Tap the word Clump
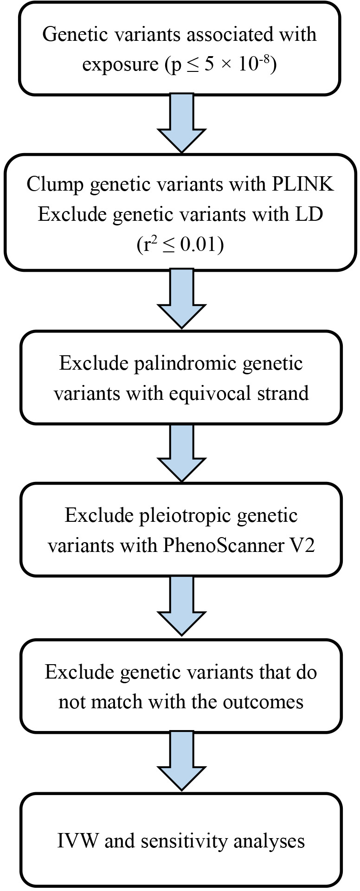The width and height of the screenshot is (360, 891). pos(55,185)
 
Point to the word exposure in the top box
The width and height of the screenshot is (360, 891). pos(120,65)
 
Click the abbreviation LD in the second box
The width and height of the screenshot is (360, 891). pos(310,215)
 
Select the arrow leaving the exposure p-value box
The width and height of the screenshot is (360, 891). pos(181,123)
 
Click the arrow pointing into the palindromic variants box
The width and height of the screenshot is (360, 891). pos(181,300)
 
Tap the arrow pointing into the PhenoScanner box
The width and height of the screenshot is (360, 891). pos(181,452)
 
